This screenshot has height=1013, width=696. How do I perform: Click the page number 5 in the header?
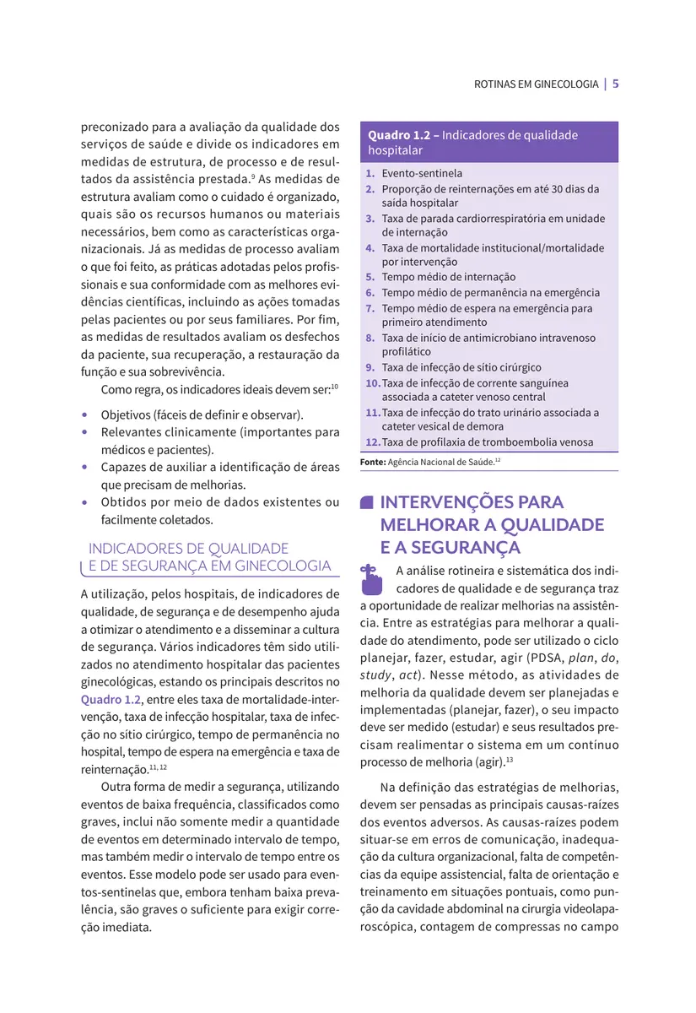pos(616,84)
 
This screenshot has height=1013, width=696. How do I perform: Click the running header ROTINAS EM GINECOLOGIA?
pos(536,84)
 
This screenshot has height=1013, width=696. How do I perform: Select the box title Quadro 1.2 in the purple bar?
pos(402,135)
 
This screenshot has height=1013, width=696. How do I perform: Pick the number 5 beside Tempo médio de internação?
pos(370,277)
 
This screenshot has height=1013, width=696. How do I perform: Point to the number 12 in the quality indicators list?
pos(372,442)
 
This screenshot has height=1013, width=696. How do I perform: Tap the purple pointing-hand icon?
pos(371,579)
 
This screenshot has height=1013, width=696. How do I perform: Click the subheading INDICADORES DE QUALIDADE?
pos(188,549)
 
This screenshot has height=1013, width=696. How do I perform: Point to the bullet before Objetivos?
pos(85,416)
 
